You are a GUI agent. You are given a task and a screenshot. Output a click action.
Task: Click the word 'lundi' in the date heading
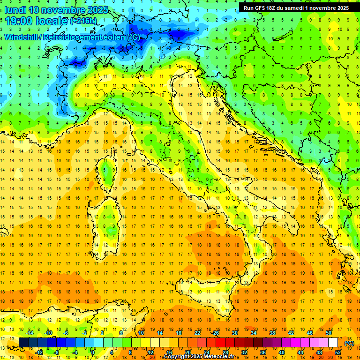(x=15, y=10)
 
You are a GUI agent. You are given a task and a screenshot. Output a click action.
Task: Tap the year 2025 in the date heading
(x=97, y=10)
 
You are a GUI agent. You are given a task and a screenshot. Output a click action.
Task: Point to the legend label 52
(x=338, y=352)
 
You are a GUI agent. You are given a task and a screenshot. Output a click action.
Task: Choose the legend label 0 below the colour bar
(x=92, y=352)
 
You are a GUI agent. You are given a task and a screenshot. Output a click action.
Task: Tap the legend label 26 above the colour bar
(x=216, y=333)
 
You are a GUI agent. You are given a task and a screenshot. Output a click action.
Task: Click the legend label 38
(x=272, y=333)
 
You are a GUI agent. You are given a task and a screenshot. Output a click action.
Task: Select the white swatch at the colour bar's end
(x=333, y=343)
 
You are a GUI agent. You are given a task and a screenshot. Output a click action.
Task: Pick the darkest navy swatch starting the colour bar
(x=23, y=343)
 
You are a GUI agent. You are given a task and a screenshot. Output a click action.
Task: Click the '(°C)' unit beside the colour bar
(x=349, y=343)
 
